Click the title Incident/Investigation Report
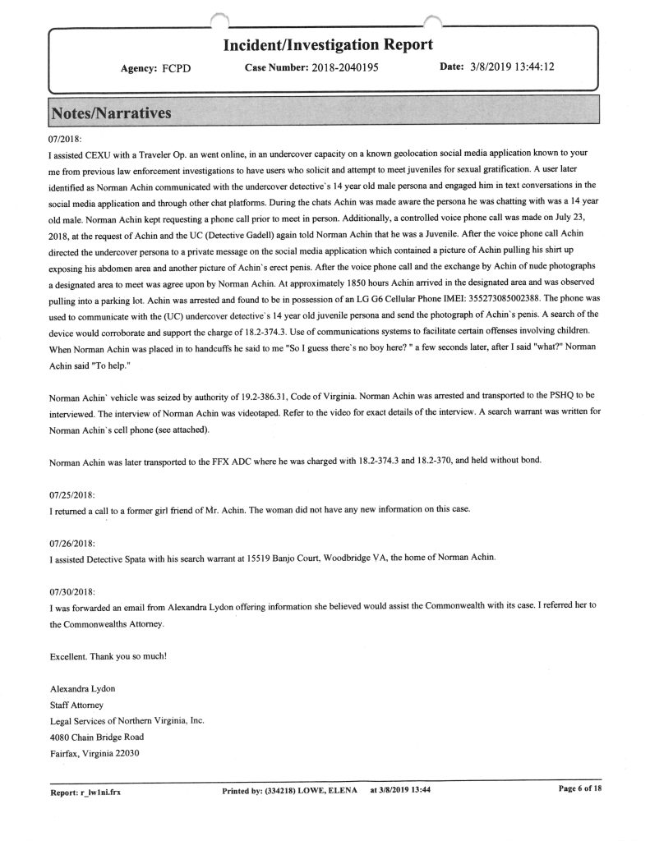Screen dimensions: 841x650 pos(328,44)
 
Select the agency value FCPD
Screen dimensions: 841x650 pos(176,68)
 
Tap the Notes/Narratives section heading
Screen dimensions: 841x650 pos(111,113)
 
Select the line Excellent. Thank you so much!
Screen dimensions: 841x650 pos(107,655)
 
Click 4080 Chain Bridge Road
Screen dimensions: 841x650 pos(97,737)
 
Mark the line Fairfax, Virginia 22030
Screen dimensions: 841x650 pos(95,753)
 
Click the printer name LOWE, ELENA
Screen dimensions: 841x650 pos(324,791)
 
